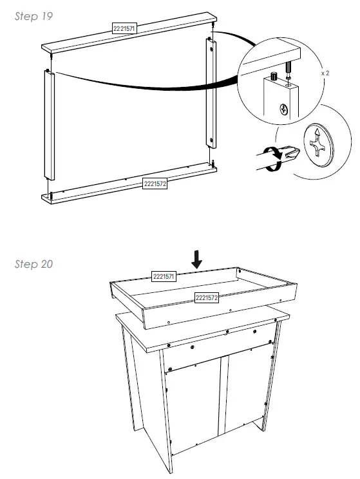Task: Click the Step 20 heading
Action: click(x=34, y=264)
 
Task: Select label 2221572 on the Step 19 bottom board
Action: click(x=155, y=183)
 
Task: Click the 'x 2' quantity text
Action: click(x=326, y=73)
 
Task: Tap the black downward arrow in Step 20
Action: click(x=197, y=259)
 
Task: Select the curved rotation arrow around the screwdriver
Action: click(x=274, y=158)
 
